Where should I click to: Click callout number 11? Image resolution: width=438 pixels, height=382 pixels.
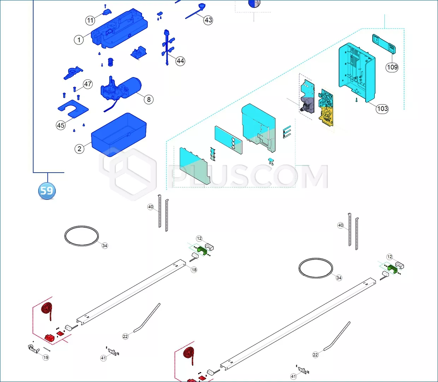(90, 21)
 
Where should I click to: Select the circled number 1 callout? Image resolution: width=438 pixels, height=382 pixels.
(79, 40)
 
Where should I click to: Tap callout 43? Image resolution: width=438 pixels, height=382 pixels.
(208, 20)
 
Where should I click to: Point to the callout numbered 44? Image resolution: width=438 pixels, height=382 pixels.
(180, 61)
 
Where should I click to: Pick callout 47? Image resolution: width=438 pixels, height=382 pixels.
(88, 84)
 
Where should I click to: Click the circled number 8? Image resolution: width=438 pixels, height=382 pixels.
(149, 99)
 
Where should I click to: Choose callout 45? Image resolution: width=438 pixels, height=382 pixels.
(61, 125)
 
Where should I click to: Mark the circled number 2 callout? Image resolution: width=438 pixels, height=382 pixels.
(79, 149)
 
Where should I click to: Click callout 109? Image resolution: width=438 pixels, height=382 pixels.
(392, 67)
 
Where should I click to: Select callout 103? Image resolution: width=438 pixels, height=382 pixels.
(382, 109)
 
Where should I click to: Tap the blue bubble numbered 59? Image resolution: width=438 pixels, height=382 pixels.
(47, 191)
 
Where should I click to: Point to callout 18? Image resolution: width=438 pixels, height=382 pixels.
(194, 270)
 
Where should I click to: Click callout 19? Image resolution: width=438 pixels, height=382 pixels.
(46, 358)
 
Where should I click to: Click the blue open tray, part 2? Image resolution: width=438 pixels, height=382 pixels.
(119, 135)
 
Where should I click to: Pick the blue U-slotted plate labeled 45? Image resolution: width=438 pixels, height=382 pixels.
(73, 109)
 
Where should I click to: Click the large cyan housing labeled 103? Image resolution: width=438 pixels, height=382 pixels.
(357, 72)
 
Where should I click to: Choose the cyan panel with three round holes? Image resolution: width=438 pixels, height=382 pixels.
(228, 140)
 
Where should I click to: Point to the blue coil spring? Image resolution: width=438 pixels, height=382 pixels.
(111, 62)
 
